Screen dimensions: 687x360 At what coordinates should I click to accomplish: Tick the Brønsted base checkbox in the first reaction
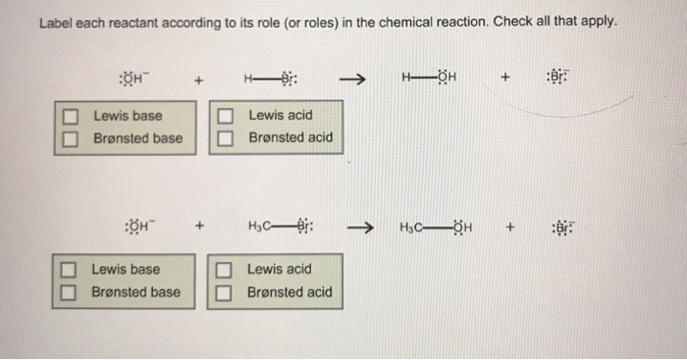tap(70, 138)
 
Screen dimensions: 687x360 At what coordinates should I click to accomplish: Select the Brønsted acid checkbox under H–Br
tap(226, 138)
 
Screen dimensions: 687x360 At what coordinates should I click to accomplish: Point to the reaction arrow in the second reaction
tap(360, 232)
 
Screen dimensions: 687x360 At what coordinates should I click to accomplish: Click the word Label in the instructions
tap(56, 23)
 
